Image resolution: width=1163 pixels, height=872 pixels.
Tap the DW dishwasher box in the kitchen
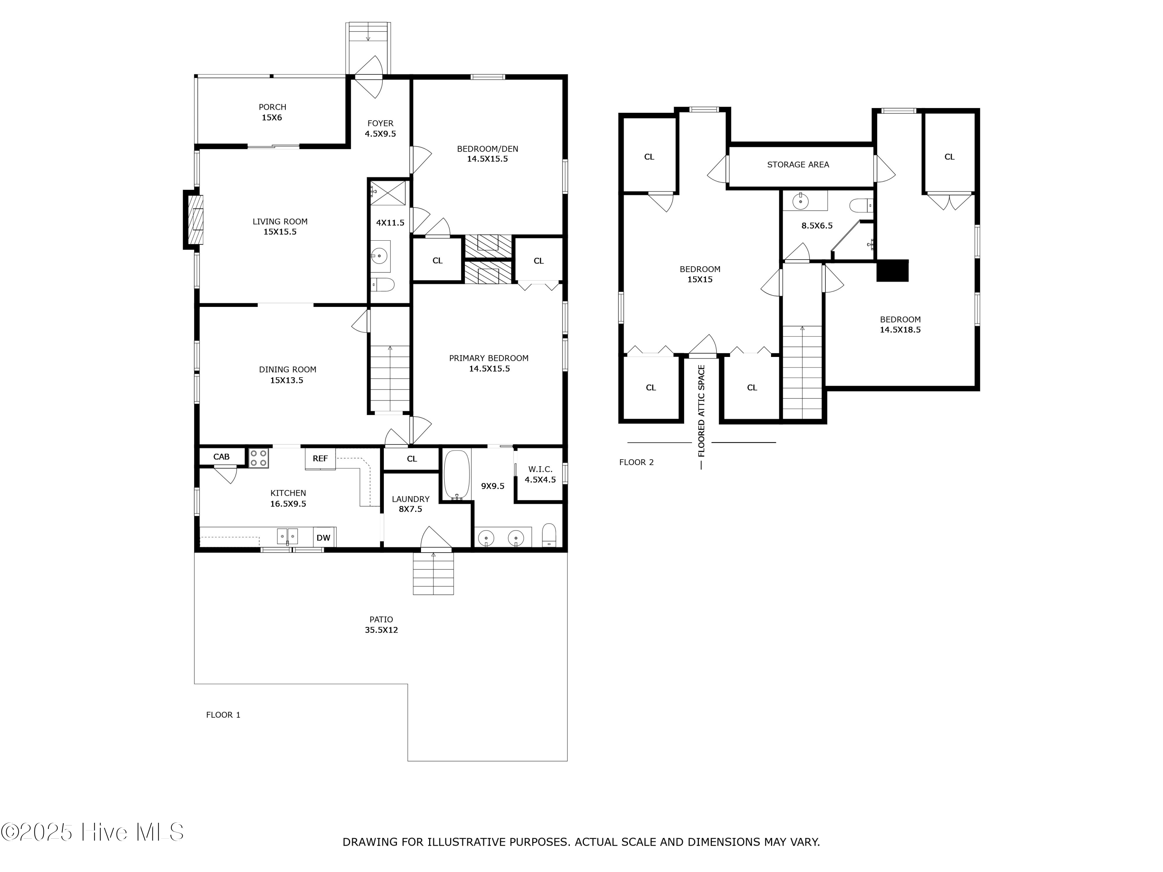click(323, 537)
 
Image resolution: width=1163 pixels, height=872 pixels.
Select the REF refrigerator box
click(320, 458)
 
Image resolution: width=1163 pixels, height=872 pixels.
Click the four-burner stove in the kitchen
click(258, 457)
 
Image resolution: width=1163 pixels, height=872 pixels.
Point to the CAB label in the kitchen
click(221, 456)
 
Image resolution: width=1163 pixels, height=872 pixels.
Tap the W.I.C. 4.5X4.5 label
click(540, 474)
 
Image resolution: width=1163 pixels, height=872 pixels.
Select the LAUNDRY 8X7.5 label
click(410, 503)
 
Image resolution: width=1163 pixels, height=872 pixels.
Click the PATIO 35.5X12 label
click(381, 624)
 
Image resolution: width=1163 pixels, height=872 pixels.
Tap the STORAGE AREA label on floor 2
click(797, 165)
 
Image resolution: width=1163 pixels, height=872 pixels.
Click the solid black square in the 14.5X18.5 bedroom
click(892, 270)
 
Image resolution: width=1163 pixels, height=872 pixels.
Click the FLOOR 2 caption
click(636, 462)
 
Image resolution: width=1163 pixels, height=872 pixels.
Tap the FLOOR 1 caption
click(223, 714)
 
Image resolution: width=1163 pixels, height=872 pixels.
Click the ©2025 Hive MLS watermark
click(93, 832)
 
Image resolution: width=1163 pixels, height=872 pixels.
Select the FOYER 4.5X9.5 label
click(380, 128)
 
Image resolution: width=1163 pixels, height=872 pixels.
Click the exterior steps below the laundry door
click(433, 574)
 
